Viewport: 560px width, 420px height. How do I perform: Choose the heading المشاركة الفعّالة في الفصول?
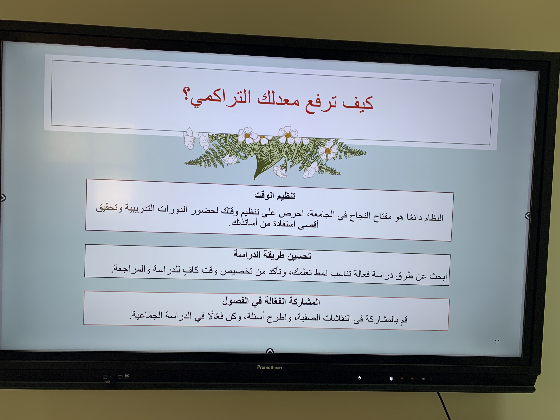coord(271,301)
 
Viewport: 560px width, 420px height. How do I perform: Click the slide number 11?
coord(497,342)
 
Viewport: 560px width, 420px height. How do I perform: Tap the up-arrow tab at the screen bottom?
coord(270,351)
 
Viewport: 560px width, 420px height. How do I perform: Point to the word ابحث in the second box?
coord(438,276)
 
